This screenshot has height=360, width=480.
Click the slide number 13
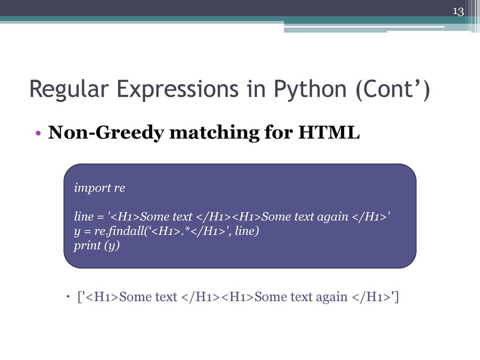point(458,12)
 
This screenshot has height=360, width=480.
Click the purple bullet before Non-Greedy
point(38,133)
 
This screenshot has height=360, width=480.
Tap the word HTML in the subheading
point(329,132)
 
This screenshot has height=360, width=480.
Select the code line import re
point(99,187)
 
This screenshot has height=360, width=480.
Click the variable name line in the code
point(83,217)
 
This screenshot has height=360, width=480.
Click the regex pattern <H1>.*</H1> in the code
point(188,231)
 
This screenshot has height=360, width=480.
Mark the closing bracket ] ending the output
point(397,297)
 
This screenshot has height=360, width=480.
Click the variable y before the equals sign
point(77,232)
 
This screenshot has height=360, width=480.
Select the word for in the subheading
point(278,132)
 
